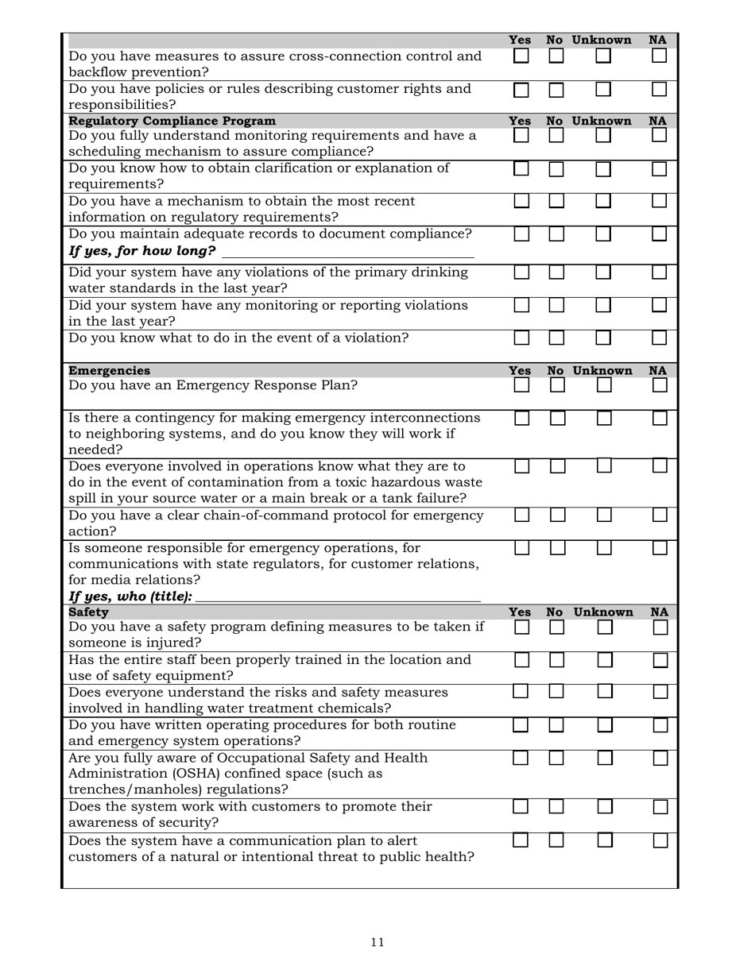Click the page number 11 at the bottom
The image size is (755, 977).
coord(377,942)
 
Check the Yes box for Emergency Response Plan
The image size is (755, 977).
coord(521,385)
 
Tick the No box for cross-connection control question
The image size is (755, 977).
coord(556,56)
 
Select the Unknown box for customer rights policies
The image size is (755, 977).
coord(604,89)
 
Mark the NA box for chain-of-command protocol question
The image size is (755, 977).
coord(660,516)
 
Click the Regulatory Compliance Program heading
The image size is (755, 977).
coord(172,121)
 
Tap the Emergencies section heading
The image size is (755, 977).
coord(109,371)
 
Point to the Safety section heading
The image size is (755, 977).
coord(89,612)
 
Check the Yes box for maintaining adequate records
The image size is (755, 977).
coord(521,234)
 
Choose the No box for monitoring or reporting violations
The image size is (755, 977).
coord(556,305)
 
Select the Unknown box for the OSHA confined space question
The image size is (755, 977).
coord(605,759)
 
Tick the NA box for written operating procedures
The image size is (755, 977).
coord(660,725)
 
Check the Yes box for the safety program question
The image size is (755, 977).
coord(521,628)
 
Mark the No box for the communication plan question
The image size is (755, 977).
coord(556,840)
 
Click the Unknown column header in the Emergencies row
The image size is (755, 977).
coord(602,371)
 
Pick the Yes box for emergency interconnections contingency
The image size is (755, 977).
coord(521,418)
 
